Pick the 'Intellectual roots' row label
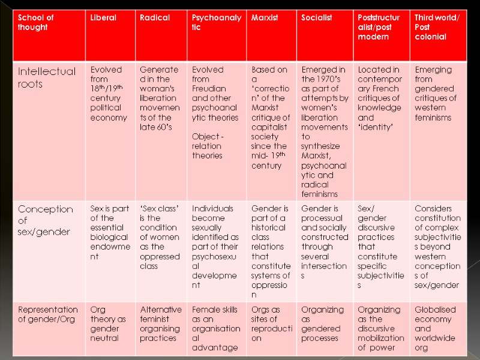tap(47, 78)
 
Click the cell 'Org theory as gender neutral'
tap(109, 324)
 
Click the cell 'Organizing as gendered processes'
tap(323, 324)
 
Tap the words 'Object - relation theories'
tap(208, 146)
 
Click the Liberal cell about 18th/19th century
tap(109, 94)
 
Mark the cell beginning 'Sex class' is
tap(160, 238)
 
